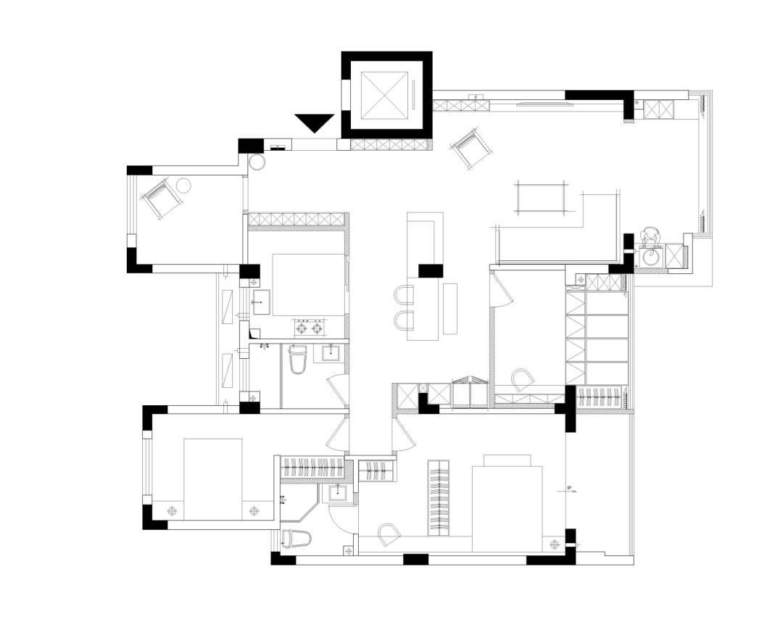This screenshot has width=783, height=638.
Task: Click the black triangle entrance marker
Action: [x=314, y=122]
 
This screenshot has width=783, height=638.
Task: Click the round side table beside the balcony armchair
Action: [x=183, y=186]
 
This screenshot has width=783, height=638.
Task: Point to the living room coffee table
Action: [x=541, y=197]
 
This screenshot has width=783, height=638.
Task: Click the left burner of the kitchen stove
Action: [x=301, y=328]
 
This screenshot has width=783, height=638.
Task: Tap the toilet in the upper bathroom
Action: [x=298, y=359]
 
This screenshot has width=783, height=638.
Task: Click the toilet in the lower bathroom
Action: [x=296, y=539]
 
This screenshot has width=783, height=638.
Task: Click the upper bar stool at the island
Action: [x=403, y=295]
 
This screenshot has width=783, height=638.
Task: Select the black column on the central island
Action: [x=430, y=270]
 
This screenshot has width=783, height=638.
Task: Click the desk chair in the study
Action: [x=522, y=379]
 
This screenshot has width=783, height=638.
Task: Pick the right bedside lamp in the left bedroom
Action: [x=254, y=510]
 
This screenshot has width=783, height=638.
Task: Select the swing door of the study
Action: [x=502, y=289]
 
